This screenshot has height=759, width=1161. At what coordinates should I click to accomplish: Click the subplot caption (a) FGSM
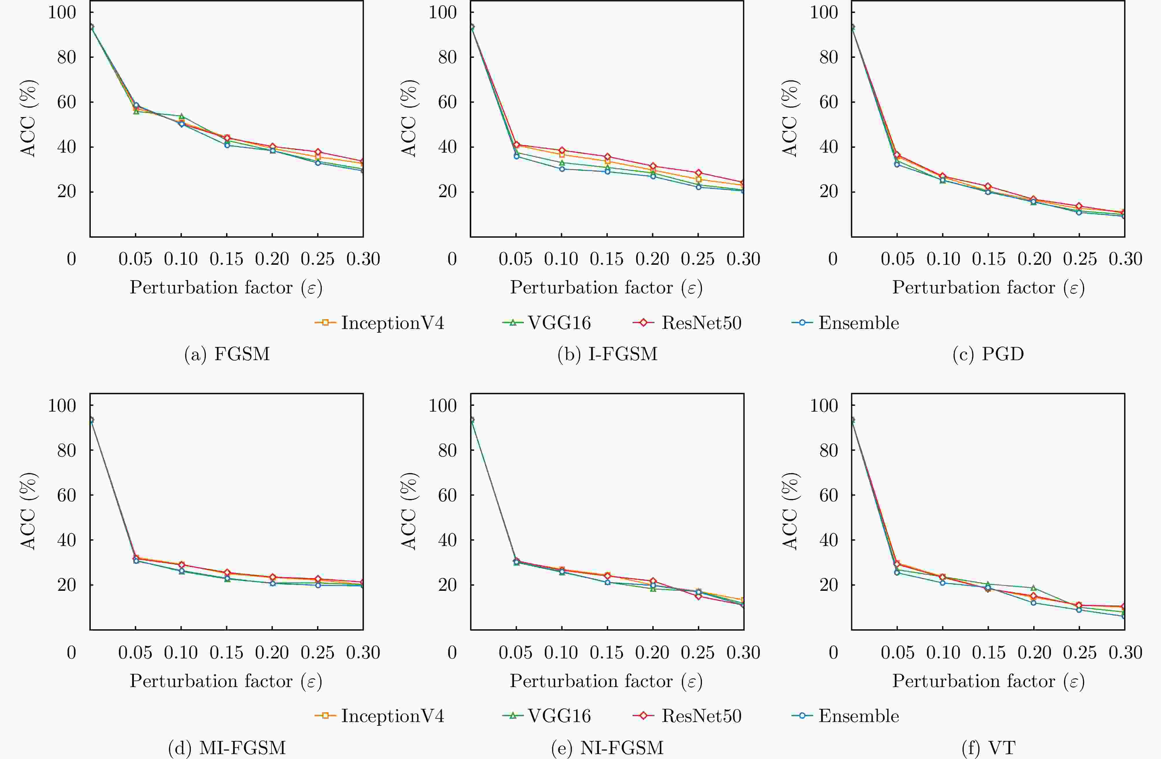[x=227, y=354]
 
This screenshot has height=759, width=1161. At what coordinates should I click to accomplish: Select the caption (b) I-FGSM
[x=607, y=354]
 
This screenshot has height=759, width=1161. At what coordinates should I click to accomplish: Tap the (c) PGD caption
[x=988, y=354]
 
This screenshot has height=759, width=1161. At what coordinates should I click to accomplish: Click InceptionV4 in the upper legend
[x=392, y=323]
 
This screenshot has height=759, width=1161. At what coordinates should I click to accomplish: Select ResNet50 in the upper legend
[x=701, y=323]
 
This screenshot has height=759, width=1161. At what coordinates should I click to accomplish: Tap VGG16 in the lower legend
[x=559, y=716]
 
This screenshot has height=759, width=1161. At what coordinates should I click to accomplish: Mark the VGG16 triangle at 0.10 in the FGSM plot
[x=182, y=116]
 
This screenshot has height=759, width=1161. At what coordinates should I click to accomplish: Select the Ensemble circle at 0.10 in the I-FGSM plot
[x=561, y=169]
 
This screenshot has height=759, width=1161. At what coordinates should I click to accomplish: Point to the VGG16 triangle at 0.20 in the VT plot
[x=1033, y=588]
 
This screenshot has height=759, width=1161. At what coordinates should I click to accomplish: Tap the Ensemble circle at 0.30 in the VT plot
[x=1124, y=616]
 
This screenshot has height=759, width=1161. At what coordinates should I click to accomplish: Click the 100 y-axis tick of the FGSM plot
[x=62, y=12]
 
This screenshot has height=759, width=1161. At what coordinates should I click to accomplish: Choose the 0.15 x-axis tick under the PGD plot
[x=988, y=259]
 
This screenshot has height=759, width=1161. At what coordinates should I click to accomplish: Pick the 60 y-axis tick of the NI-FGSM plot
[x=447, y=495]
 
